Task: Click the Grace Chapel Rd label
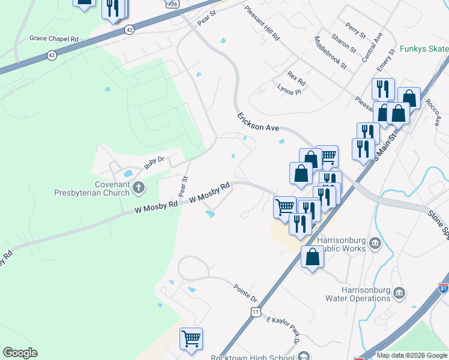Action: coord(54,38)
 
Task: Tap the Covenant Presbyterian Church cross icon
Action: coord(138,188)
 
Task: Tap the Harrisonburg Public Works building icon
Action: coord(375,242)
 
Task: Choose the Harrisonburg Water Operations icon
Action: coord(399,293)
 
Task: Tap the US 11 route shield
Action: coord(256,312)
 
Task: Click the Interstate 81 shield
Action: coord(443,288)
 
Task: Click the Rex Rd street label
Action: coord(296,78)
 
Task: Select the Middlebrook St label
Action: coord(331,52)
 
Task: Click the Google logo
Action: coord(20,353)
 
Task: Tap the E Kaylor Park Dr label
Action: coord(283,329)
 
